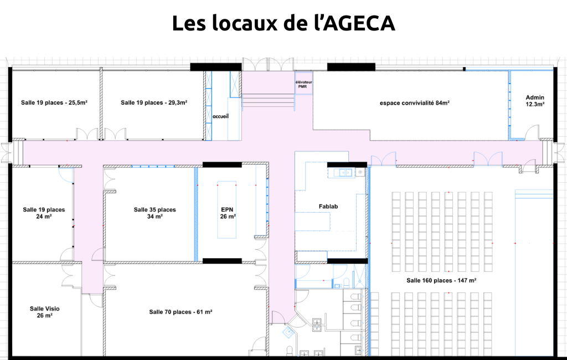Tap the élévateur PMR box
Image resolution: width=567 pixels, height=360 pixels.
pyautogui.click(x=303, y=83)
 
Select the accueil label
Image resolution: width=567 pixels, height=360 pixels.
pyautogui.click(x=220, y=116)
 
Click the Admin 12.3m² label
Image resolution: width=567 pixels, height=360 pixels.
pyautogui.click(x=535, y=101)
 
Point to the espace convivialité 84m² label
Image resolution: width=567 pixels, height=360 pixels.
pyautogui.click(x=414, y=103)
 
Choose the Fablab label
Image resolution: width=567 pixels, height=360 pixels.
pyautogui.click(x=328, y=207)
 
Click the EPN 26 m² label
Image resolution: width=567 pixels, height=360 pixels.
pyautogui.click(x=228, y=213)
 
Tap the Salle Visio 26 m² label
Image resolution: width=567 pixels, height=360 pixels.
pyautogui.click(x=44, y=312)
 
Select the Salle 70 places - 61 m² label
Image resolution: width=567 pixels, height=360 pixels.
pyautogui.click(x=181, y=312)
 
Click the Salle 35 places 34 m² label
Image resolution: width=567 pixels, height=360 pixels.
pyautogui.click(x=155, y=213)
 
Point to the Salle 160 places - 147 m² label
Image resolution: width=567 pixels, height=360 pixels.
pyautogui.click(x=441, y=280)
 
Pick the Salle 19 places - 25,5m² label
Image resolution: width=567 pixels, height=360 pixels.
pyautogui.click(x=54, y=103)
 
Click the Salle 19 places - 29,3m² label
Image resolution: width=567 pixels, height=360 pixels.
pyautogui.click(x=154, y=103)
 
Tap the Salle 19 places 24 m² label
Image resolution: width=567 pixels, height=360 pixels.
pyautogui.click(x=44, y=213)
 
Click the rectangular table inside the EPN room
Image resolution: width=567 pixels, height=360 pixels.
pyautogui.click(x=226, y=210)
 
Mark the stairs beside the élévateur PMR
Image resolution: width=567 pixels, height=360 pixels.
pyautogui.click(x=268, y=100)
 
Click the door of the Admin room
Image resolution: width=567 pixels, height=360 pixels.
pyautogui.click(x=532, y=132)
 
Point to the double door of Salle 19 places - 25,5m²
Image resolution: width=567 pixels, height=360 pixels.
pyautogui.click(x=87, y=133)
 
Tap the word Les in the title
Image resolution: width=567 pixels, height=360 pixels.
pyautogui.click(x=189, y=23)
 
